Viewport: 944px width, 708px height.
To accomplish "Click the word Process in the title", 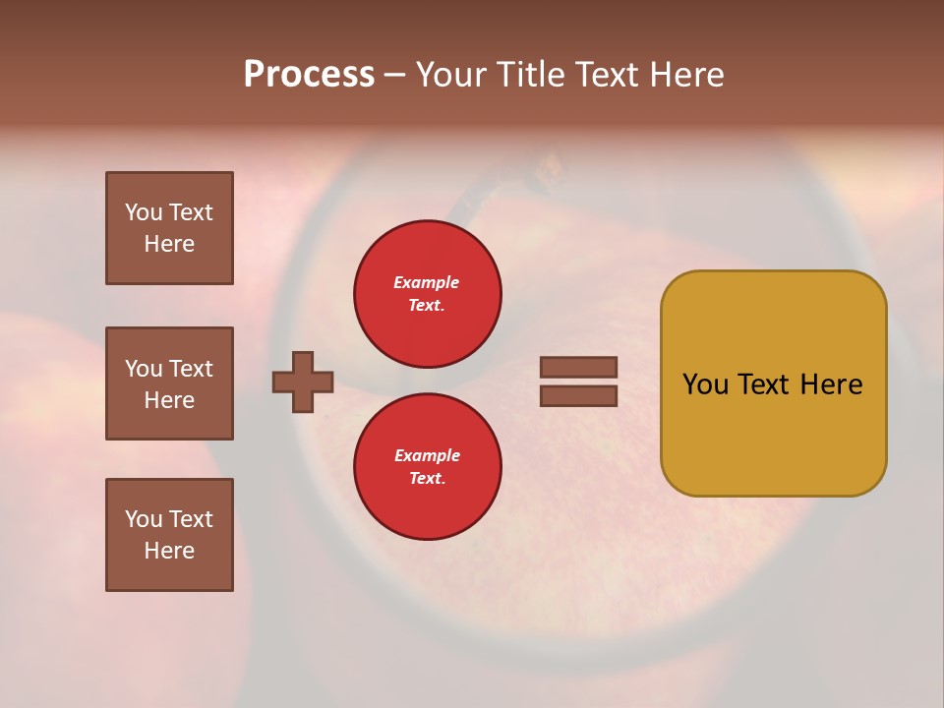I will (x=309, y=74).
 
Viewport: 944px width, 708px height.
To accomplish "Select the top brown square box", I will (x=169, y=228).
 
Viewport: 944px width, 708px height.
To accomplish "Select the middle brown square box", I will (x=169, y=383).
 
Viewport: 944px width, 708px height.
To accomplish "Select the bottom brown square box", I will (x=169, y=535).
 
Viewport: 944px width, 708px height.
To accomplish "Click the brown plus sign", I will (x=303, y=382).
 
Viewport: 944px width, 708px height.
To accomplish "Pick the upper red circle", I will (x=427, y=294).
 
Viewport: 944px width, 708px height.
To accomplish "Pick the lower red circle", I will (x=427, y=467).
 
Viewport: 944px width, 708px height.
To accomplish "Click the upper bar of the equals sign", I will (x=579, y=367).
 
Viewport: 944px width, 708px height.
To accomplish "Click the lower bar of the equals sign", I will (x=579, y=395).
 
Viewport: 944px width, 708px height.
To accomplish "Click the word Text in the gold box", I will (x=764, y=384).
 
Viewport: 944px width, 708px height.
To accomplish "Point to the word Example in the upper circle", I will (x=426, y=282).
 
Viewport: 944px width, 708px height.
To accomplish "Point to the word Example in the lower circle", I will (x=427, y=455).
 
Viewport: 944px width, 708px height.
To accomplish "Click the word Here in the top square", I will (x=169, y=244).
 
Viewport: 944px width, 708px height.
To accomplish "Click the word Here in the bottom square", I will (x=169, y=551).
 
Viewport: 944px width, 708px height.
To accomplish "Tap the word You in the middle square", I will (x=143, y=369).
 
